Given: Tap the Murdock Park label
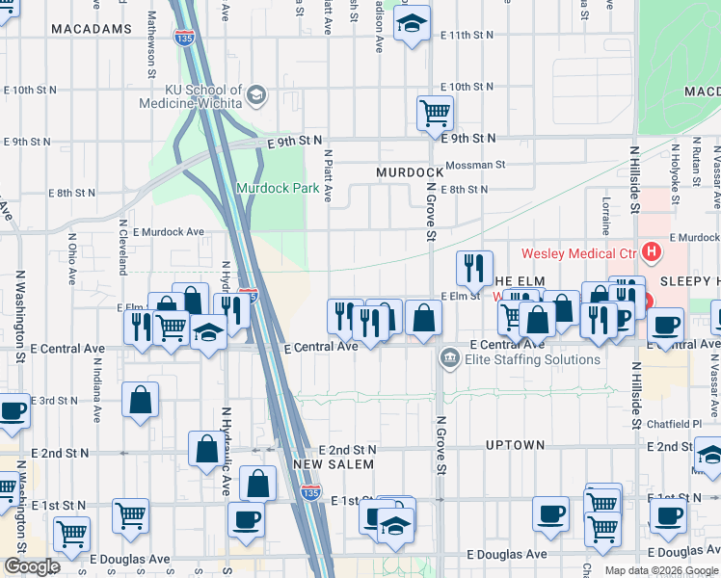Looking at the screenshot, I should pyautogui.click(x=278, y=189).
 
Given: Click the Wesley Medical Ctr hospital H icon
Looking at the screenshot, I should pyautogui.click(x=653, y=253).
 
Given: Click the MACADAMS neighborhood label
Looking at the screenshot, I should pyautogui.click(x=91, y=29).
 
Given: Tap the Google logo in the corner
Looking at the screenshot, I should pyautogui.click(x=31, y=566).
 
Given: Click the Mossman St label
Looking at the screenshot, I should pyautogui.click(x=474, y=165).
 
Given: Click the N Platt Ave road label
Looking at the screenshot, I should pyautogui.click(x=329, y=175).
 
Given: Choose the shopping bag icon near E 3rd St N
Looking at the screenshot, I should pyautogui.click(x=141, y=401).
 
